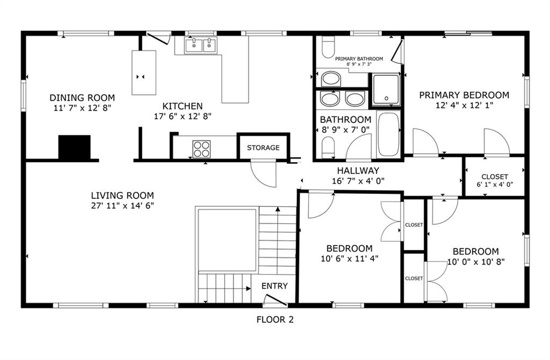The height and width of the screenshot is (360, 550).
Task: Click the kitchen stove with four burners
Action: (201, 149)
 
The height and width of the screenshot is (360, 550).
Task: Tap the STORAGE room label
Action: (263, 148)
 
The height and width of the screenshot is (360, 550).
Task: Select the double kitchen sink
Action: (200, 46)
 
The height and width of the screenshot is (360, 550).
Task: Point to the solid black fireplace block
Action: (74, 147)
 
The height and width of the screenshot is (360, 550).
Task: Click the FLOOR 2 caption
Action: (275, 320)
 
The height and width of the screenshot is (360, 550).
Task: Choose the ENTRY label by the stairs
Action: (274, 286)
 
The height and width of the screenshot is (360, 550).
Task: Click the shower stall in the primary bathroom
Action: (386, 90)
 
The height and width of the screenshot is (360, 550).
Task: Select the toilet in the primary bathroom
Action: (328, 47)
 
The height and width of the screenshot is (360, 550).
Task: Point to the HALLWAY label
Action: (358, 170)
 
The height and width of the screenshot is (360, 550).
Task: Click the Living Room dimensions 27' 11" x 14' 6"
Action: (122, 205)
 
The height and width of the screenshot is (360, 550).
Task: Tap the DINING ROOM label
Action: (82, 98)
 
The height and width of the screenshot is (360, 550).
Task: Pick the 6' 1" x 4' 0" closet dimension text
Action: (495, 184)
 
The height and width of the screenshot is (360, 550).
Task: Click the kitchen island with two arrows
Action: (144, 73)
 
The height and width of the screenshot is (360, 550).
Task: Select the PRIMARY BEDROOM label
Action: (464, 95)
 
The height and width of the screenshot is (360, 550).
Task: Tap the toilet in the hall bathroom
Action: (328, 147)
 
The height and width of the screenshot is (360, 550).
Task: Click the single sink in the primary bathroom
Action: (331, 79)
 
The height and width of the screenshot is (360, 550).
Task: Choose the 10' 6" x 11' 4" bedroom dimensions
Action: (349, 259)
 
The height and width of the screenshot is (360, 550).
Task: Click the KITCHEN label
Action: (183, 106)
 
